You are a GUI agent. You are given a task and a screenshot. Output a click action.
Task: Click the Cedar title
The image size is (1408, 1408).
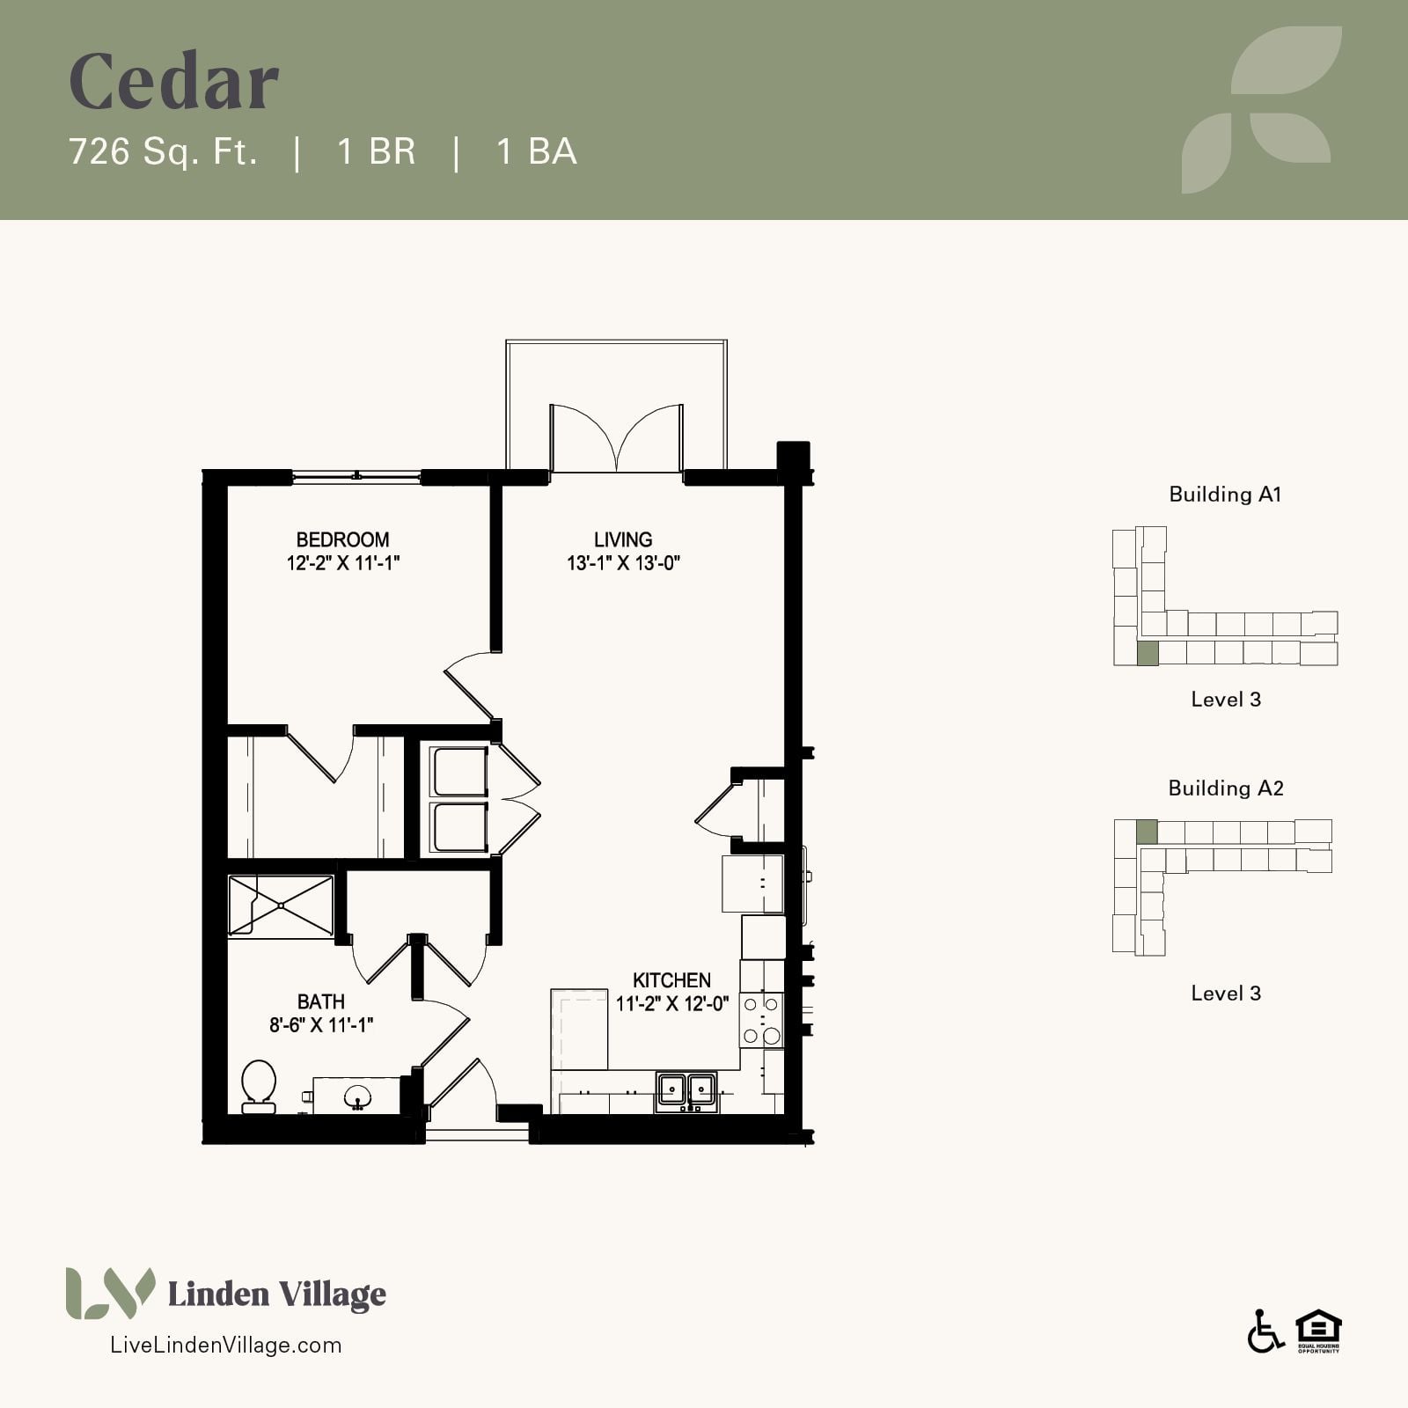point(174,82)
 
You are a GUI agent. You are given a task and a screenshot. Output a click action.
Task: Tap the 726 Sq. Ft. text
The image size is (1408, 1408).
point(164,151)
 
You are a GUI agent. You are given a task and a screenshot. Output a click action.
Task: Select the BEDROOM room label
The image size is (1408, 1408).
point(342,539)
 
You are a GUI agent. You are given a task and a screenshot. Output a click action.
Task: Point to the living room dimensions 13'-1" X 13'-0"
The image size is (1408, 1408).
point(623,563)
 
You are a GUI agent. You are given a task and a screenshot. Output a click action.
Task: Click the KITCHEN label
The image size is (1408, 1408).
point(671,980)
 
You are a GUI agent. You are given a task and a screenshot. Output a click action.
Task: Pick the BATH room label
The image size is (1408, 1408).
point(321,1001)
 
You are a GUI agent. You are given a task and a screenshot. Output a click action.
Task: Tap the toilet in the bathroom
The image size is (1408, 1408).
point(259,1087)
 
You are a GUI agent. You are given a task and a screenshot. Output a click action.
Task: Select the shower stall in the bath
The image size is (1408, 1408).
point(282,906)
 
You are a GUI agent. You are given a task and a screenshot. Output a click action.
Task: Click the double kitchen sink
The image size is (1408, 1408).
point(686,1092)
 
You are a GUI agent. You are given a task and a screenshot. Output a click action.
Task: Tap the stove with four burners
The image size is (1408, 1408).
point(761,1019)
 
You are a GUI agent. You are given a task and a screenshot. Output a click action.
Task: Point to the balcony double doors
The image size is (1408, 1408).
point(616,438)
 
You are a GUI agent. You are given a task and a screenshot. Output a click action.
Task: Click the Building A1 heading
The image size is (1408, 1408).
point(1225,495)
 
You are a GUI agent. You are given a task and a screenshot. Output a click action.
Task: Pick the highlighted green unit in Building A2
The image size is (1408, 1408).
point(1146,832)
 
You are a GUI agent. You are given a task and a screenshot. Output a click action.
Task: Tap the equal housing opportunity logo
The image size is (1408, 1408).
point(1318,1331)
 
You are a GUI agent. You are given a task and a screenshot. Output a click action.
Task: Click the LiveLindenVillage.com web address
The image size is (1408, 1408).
point(224,1345)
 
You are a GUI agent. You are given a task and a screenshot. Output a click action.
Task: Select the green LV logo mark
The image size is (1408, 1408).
point(110,1293)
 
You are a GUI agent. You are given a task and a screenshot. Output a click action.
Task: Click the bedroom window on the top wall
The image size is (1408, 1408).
point(356,477)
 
